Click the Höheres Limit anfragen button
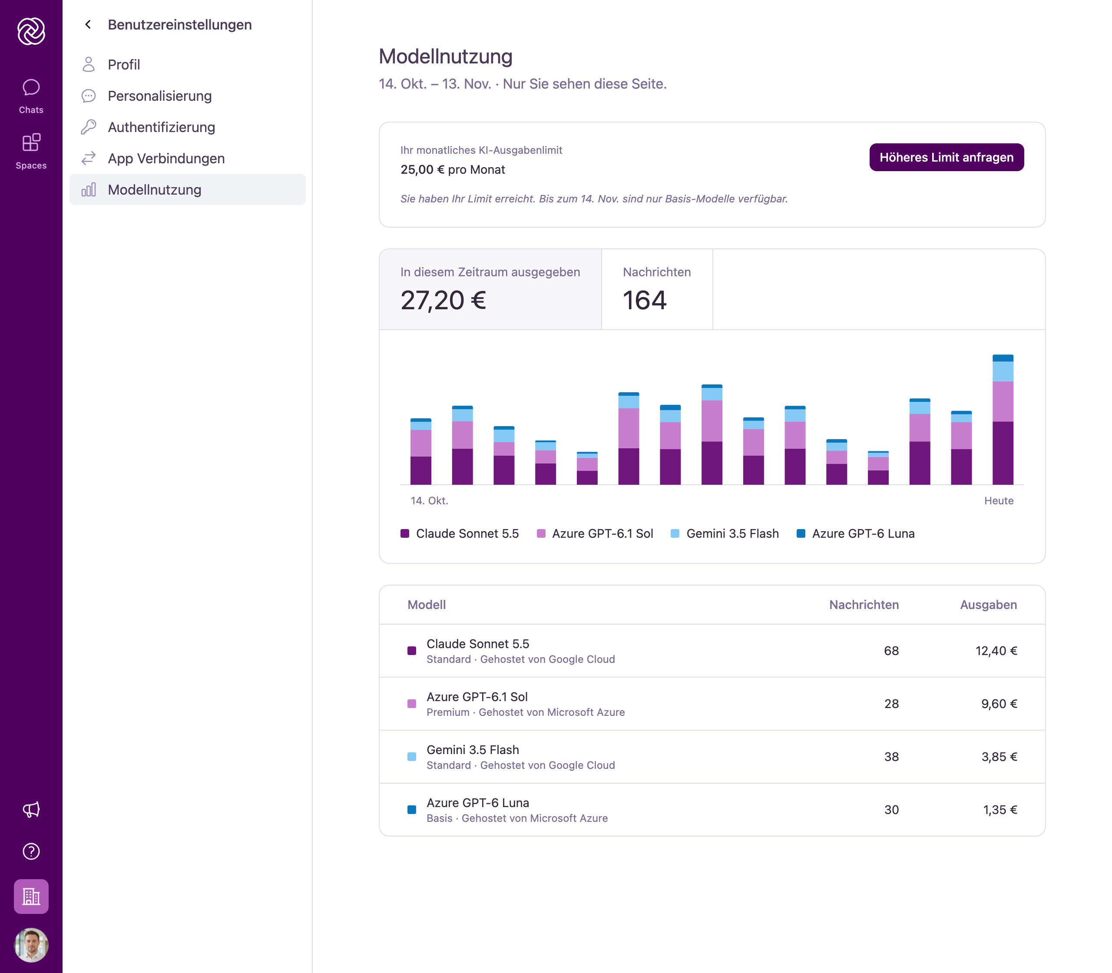coord(947,157)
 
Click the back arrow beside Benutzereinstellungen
coord(88,24)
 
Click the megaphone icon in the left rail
coord(31,810)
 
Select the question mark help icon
coord(31,851)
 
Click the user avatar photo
coord(31,945)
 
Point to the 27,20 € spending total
coord(443,300)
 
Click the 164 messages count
coord(645,300)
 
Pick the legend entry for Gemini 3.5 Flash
coord(725,534)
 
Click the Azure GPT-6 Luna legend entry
coord(855,534)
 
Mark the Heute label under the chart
coord(999,500)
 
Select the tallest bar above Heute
coord(1003,420)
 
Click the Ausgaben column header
coord(988,605)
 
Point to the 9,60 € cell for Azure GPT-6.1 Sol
coord(999,704)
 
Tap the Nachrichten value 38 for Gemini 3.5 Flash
coord(891,757)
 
